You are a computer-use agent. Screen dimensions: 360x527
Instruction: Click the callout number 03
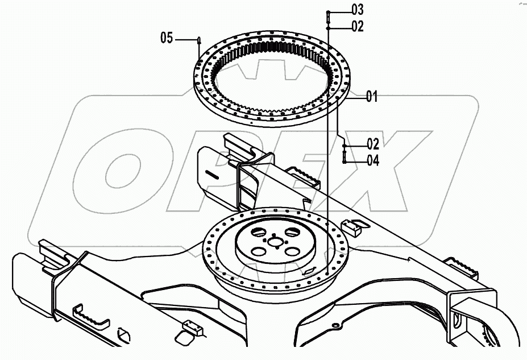click(x=357, y=9)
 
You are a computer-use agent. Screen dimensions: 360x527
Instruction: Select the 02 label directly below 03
click(x=357, y=26)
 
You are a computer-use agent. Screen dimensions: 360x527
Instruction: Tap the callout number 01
click(x=372, y=96)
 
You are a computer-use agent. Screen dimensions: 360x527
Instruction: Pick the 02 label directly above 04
click(x=372, y=144)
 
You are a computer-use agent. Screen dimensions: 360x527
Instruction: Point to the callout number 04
click(x=372, y=160)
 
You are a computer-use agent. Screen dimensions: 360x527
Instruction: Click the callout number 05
click(x=167, y=38)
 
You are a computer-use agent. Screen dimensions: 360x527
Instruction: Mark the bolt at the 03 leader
click(x=328, y=16)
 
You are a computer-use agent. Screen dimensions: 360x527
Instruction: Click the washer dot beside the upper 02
click(x=328, y=26)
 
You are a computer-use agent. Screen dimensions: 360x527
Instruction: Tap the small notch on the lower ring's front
click(x=312, y=271)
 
